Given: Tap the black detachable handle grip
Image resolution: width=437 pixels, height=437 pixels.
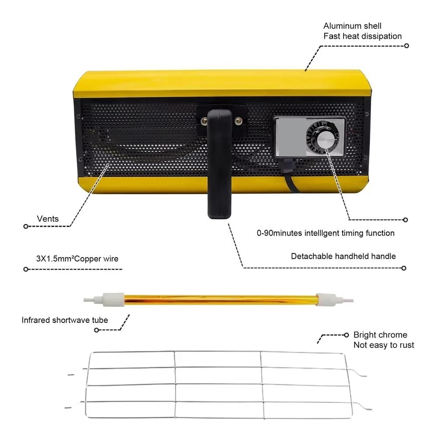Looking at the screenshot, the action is click(220, 164).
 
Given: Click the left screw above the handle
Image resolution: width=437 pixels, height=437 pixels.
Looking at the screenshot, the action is click(204, 121).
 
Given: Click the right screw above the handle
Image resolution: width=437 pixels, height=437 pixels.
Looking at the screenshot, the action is click(238, 121).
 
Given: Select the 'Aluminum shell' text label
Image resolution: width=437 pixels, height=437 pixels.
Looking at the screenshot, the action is click(352, 26).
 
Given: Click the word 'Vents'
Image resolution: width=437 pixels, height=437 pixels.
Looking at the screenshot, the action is click(48, 219).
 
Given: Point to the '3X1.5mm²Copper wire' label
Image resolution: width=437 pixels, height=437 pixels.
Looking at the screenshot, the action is click(77, 259).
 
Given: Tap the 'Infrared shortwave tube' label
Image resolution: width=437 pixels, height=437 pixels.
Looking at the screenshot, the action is click(65, 320).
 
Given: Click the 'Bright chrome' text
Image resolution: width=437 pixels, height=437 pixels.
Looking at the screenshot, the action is click(380, 335).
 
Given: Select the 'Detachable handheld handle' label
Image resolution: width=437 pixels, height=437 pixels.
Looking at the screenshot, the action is click(343, 256).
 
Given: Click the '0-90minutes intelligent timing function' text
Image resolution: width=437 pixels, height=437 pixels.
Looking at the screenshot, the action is click(326, 233).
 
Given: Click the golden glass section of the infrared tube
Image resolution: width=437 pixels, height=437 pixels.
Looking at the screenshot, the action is click(220, 300).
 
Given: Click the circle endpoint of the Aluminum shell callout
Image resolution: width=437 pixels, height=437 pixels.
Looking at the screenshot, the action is click(406, 46).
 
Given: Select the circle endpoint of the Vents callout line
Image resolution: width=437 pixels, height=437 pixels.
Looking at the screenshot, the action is click(26, 226).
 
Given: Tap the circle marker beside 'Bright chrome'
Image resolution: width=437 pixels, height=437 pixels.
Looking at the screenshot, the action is click(347, 335).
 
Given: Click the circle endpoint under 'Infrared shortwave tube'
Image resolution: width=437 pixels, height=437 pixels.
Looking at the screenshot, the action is click(97, 330).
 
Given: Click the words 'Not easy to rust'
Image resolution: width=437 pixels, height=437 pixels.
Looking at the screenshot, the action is click(384, 345).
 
